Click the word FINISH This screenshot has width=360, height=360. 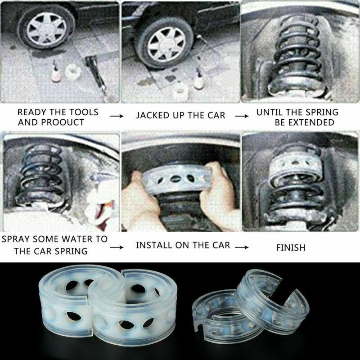click(x=291, y=247)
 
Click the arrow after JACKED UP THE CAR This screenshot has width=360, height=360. click(x=241, y=116)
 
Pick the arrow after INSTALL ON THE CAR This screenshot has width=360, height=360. click(x=241, y=247)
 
